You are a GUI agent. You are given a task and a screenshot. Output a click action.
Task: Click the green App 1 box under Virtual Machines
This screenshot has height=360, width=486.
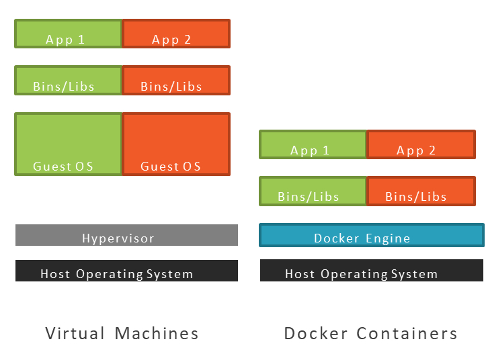click(x=69, y=34)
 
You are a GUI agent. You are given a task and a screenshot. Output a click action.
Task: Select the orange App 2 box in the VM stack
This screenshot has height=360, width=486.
click(x=176, y=34)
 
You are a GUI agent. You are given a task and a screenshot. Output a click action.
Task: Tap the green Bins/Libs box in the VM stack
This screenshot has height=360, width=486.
click(x=69, y=80)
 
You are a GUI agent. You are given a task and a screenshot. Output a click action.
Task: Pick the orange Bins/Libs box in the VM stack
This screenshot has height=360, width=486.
click(x=176, y=80)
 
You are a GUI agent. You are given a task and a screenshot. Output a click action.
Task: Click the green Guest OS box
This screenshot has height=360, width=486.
click(x=69, y=144)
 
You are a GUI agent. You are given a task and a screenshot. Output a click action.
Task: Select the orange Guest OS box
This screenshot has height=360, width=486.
click(x=176, y=144)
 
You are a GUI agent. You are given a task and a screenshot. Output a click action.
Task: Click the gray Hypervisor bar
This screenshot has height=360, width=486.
click(x=126, y=235)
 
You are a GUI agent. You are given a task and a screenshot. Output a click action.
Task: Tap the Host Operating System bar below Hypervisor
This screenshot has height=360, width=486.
click(x=126, y=271)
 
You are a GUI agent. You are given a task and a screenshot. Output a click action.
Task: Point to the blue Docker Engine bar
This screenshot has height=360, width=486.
click(x=371, y=235)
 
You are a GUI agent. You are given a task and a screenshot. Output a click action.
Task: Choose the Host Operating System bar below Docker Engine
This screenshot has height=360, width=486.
click(x=371, y=271)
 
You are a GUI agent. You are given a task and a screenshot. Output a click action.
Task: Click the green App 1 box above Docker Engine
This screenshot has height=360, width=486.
click(x=313, y=144)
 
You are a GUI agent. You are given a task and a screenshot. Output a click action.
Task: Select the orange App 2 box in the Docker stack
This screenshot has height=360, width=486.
click(x=421, y=144)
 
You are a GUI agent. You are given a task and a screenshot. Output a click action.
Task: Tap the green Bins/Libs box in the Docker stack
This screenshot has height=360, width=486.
click(x=313, y=191)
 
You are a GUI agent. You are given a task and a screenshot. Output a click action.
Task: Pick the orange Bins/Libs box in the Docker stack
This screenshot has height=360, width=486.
click(x=421, y=191)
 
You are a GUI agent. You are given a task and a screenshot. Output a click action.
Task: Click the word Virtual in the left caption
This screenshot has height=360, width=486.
click(x=75, y=333)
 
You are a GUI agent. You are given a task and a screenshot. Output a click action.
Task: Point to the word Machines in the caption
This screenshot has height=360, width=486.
click(x=157, y=333)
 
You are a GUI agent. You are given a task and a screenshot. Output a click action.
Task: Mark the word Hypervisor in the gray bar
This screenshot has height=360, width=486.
click(x=118, y=238)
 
